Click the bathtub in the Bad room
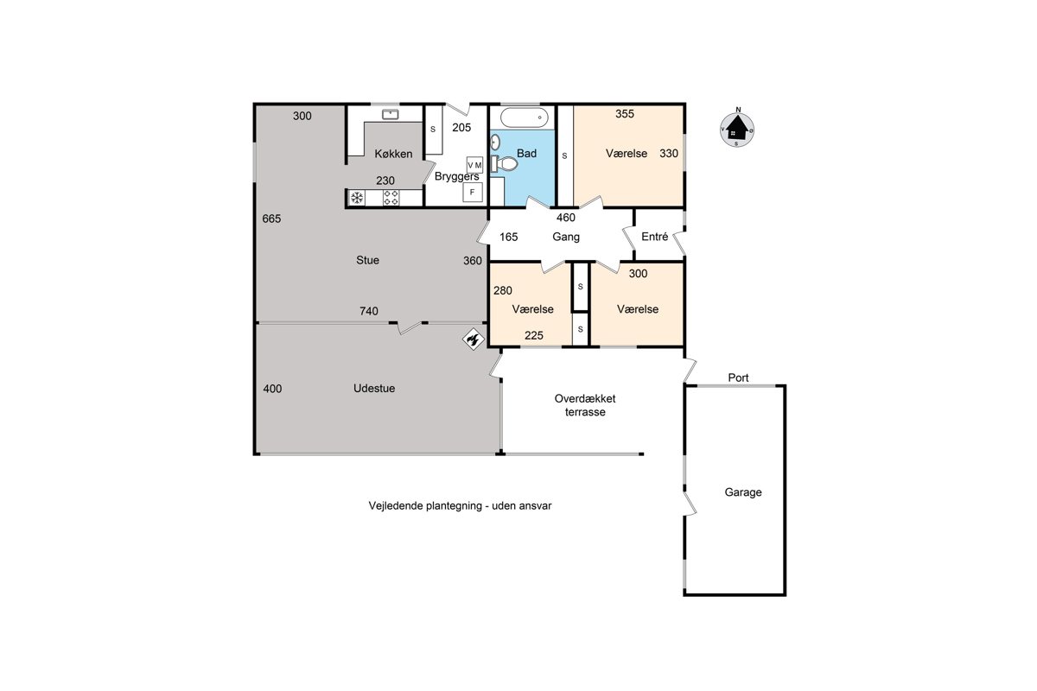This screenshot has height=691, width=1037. coord(524,117)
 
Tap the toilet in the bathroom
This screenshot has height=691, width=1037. coord(505,163)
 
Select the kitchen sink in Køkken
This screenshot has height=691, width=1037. coord(391,114)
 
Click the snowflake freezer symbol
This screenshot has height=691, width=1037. coord(357,198)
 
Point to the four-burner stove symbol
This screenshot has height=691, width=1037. coord(391,198)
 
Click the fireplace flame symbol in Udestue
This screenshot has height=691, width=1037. coord(474,339)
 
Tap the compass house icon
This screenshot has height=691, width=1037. coord(736,128)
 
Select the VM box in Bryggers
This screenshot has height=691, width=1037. coord(474,165)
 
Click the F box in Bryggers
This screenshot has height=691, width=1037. coord(473,192)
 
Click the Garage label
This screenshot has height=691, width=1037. coord(743,492)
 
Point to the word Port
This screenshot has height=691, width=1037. coord(738,377)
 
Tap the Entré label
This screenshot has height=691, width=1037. coord(655,237)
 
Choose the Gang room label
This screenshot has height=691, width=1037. coord(566,237)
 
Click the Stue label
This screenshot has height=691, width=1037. coord(367,260)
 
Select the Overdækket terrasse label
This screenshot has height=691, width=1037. coord(585,405)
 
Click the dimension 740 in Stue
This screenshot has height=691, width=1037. coord(369,311)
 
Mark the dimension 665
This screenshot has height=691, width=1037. coord(271,219)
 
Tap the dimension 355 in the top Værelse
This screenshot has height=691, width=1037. coord(625,114)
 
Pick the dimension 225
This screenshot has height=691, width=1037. coord(534,335)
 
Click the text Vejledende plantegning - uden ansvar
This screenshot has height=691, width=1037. coord(460,506)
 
